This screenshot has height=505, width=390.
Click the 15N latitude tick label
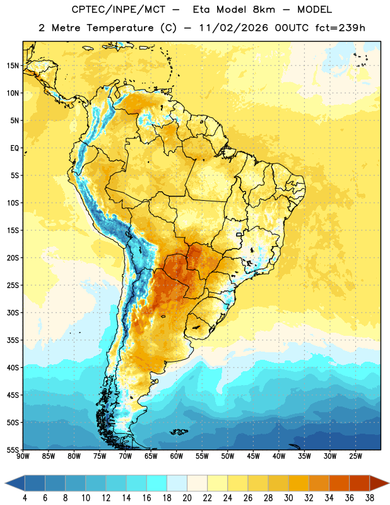coord(13,66)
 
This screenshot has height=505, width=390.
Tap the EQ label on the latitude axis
coord(15,148)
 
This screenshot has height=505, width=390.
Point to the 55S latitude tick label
coord(13,449)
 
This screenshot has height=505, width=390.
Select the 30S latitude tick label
coord(13,312)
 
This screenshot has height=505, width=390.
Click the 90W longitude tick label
coord(23,456)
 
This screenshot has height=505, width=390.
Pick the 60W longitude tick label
coord(177,456)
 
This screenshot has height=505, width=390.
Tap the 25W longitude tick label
coord(355,456)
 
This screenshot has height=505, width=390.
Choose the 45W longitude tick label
coord(253,456)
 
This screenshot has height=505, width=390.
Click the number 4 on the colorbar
coord(25,498)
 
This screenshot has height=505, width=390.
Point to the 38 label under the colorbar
coord(370,498)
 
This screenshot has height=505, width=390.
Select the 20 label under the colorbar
coord(187,498)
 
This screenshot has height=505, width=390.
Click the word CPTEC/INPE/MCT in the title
coord(119,9)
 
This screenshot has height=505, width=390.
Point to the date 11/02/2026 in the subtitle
coord(233,28)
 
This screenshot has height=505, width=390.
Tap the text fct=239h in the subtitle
coord(340,28)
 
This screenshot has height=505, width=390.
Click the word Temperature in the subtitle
coord(120,28)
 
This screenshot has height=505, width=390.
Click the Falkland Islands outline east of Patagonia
coord(179,432)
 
